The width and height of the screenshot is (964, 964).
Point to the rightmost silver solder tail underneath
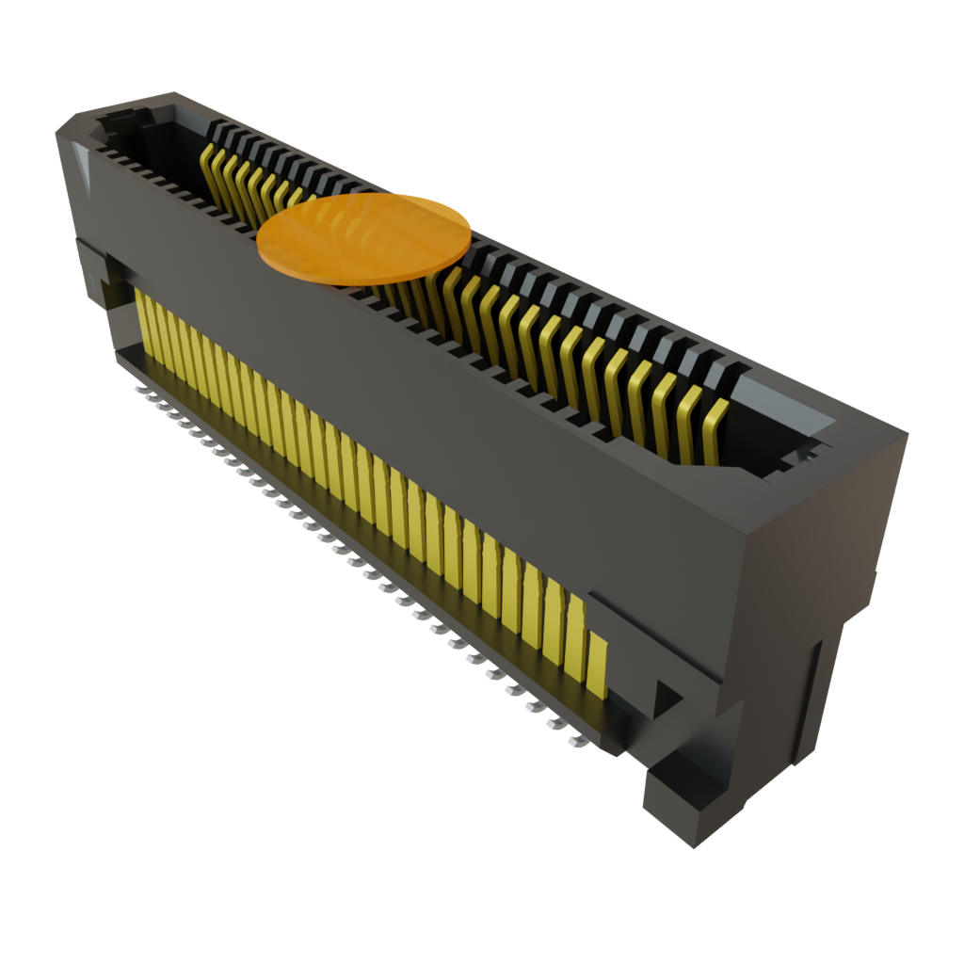coord(578,743)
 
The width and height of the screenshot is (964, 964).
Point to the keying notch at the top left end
coord(122,120)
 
